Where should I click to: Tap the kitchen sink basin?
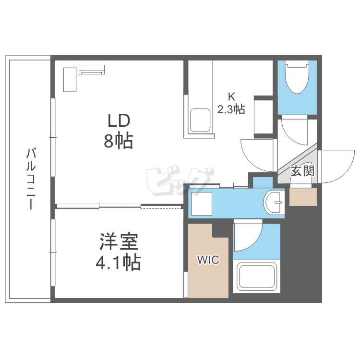pos(200,120)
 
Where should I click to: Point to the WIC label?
pos(208,261)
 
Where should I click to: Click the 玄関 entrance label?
pos(302,170)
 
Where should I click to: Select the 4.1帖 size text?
pos(118,262)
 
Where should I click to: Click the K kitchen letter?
pos(231,96)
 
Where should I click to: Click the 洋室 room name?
pos(119,241)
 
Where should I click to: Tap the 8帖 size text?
pos(118,141)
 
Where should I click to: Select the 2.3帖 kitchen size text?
pos(231,109)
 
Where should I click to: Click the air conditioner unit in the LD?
pos(92,70)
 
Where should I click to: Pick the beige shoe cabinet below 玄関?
pos(303,196)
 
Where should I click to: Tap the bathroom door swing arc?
pos(248,237)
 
